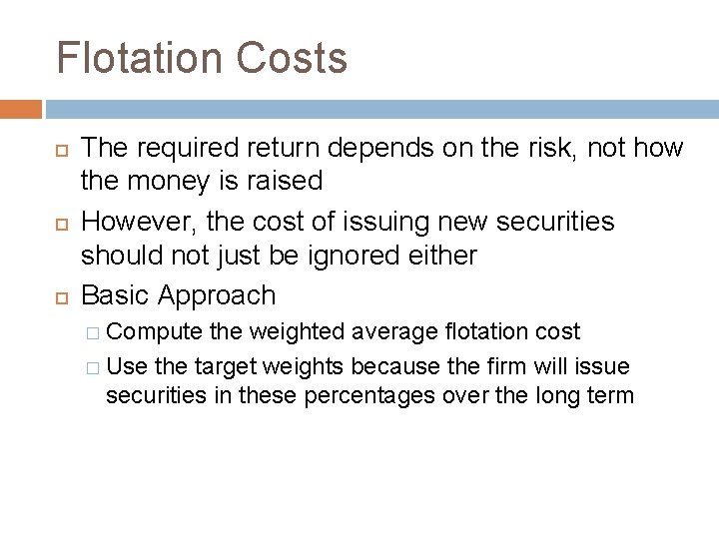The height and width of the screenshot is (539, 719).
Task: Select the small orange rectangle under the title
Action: coord(21,108)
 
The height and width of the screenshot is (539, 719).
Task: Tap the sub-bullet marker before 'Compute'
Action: coord(93,331)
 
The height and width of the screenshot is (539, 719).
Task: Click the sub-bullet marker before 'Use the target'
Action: coord(93,368)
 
